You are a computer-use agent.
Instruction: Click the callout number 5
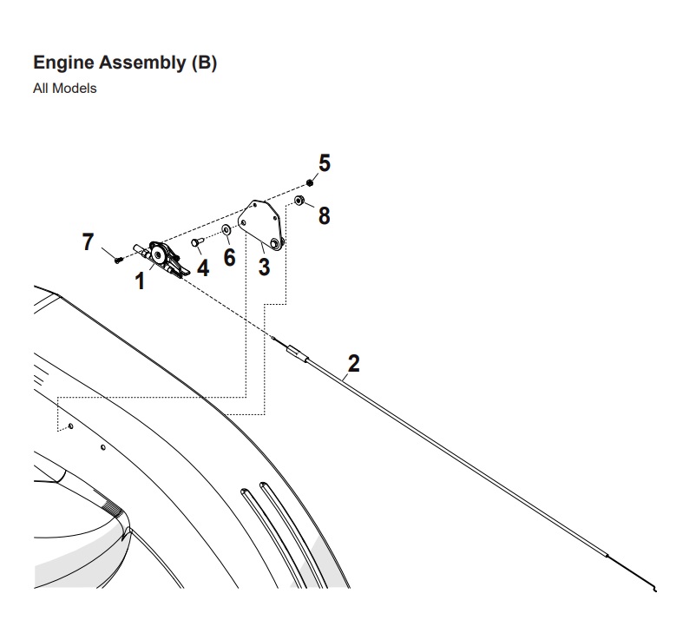click(325, 162)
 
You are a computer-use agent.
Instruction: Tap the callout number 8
click(324, 215)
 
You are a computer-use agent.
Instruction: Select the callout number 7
click(88, 242)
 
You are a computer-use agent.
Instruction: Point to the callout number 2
click(353, 363)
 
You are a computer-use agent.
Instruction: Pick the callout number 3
click(264, 267)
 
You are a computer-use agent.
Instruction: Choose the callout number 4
click(202, 267)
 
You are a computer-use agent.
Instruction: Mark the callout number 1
click(139, 282)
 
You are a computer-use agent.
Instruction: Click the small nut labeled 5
click(310, 182)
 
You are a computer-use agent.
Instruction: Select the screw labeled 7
click(117, 259)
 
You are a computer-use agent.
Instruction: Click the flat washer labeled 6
click(226, 230)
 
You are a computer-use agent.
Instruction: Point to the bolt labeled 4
click(197, 242)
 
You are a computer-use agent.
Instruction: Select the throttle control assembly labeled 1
click(163, 258)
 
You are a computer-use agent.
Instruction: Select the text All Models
click(64, 89)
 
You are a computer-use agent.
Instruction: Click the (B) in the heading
click(203, 63)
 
